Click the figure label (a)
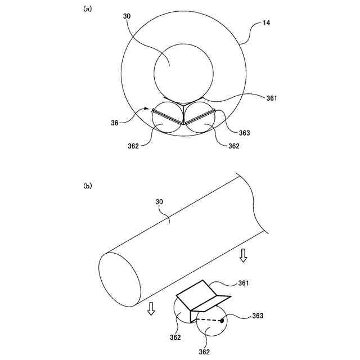pyautogui.click(x=87, y=8)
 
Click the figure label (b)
pyautogui.click(x=87, y=185)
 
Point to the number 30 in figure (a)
pyautogui.click(x=127, y=17)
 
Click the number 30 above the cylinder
pyautogui.click(x=159, y=201)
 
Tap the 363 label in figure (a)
pyautogui.click(x=244, y=133)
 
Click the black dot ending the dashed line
pyautogui.click(x=222, y=321)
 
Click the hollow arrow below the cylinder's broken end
pyautogui.click(x=243, y=256)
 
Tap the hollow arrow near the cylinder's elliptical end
pyautogui.click(x=151, y=309)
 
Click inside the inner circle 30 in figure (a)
pyautogui.click(x=183, y=71)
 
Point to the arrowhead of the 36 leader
pyautogui.click(x=150, y=109)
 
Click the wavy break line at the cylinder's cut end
pyautogui.click(x=256, y=205)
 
